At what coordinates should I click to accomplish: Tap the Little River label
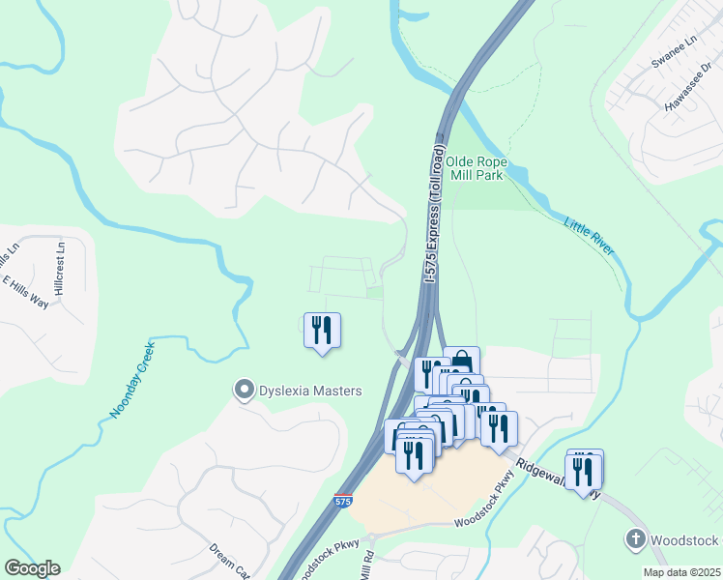point(589,237)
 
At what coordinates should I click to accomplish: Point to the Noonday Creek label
point(131,385)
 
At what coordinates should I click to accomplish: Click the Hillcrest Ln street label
point(60,268)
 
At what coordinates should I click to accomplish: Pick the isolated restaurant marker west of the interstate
point(322,331)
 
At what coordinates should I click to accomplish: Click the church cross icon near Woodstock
point(636,539)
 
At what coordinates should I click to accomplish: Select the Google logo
point(31,568)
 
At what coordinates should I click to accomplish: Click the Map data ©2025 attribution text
point(674,572)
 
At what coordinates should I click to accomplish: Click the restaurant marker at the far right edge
point(585,470)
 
